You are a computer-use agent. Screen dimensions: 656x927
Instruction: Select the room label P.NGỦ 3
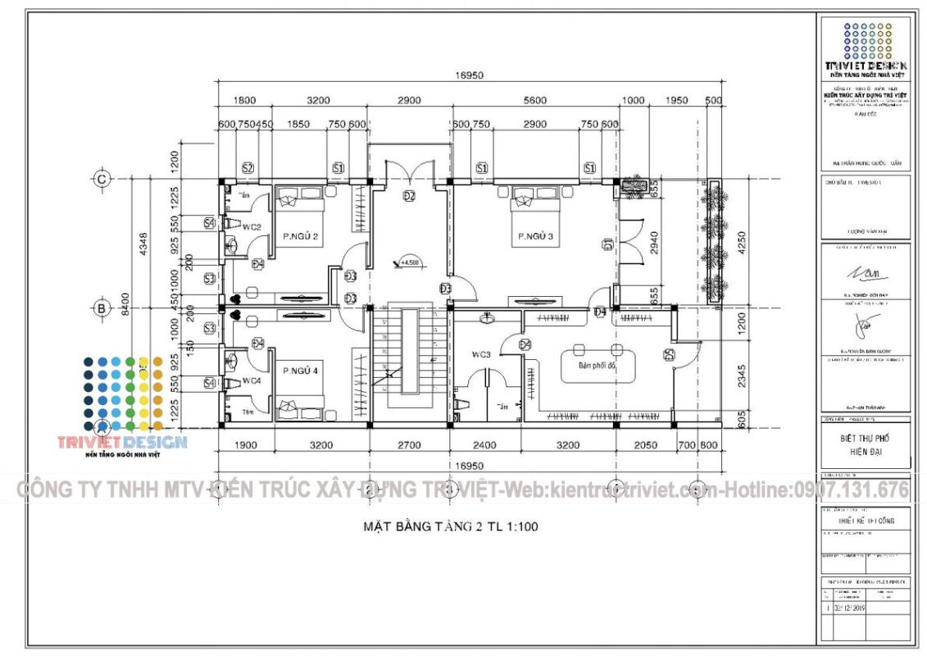click(535, 237)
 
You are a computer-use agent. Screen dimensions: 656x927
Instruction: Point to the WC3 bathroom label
click(480, 355)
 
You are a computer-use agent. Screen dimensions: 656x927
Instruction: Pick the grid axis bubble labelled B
click(102, 308)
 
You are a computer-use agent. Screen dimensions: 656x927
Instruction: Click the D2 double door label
click(409, 196)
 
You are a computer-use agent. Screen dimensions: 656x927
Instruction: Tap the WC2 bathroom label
click(251, 226)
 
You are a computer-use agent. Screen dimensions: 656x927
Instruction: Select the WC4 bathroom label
click(251, 381)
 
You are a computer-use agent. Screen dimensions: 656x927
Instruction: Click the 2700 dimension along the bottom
click(409, 445)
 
